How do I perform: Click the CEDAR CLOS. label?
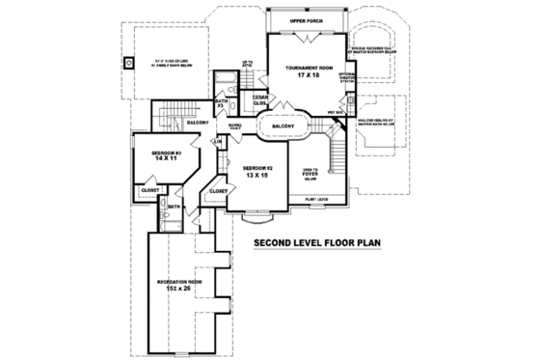click(259, 99)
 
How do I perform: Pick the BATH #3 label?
click(221, 101)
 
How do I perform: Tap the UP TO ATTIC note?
click(246, 64)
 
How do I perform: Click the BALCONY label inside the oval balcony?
click(283, 125)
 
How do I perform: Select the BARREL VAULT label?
click(235, 125)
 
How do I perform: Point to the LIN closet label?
click(218, 142)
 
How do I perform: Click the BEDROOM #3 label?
click(166, 152)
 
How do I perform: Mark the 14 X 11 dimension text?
click(166, 160)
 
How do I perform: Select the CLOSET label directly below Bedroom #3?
click(149, 190)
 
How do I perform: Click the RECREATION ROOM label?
click(177, 281)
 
